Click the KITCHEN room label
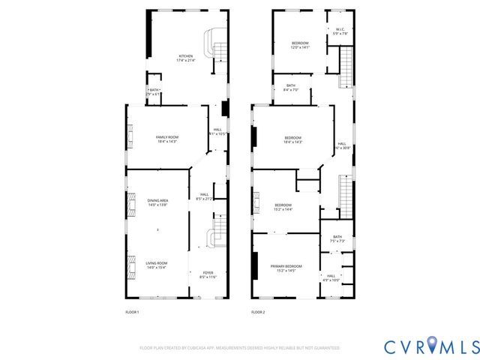tap(185, 58)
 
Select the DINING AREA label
tap(157, 202)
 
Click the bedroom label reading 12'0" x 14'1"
tap(300, 45)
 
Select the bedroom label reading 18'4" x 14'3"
tap(292, 139)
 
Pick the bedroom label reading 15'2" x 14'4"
tap(283, 207)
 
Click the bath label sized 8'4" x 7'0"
tap(290, 88)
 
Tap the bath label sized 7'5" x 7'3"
tap(337, 239)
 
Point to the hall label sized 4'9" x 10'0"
tap(331, 278)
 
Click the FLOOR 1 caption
tap(132, 312)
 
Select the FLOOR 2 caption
tap(258, 312)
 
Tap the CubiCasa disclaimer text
tap(240, 348)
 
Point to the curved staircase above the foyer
tap(217, 232)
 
